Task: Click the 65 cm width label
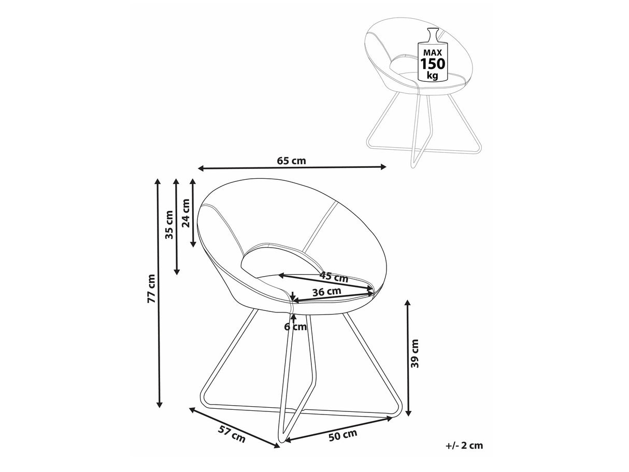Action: (291, 161)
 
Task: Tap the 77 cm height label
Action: (151, 289)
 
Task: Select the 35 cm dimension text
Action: (169, 225)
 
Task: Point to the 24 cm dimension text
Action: (186, 213)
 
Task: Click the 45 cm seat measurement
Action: (334, 277)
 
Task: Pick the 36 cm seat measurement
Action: (327, 292)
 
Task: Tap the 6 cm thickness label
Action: (296, 327)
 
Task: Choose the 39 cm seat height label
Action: (414, 353)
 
